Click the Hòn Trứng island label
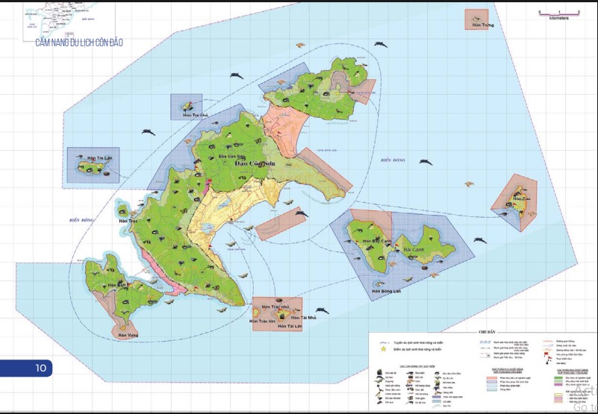click(x=476, y=25)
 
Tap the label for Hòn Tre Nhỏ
click(x=190, y=116)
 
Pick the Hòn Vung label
click(x=128, y=335)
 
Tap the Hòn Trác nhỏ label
click(x=275, y=307)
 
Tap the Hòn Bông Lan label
click(x=386, y=291)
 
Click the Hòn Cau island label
click(x=522, y=199)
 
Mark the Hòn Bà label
click(x=116, y=285)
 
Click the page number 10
click(x=40, y=368)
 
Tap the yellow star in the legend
click(x=384, y=348)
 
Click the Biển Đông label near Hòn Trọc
click(x=79, y=220)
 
